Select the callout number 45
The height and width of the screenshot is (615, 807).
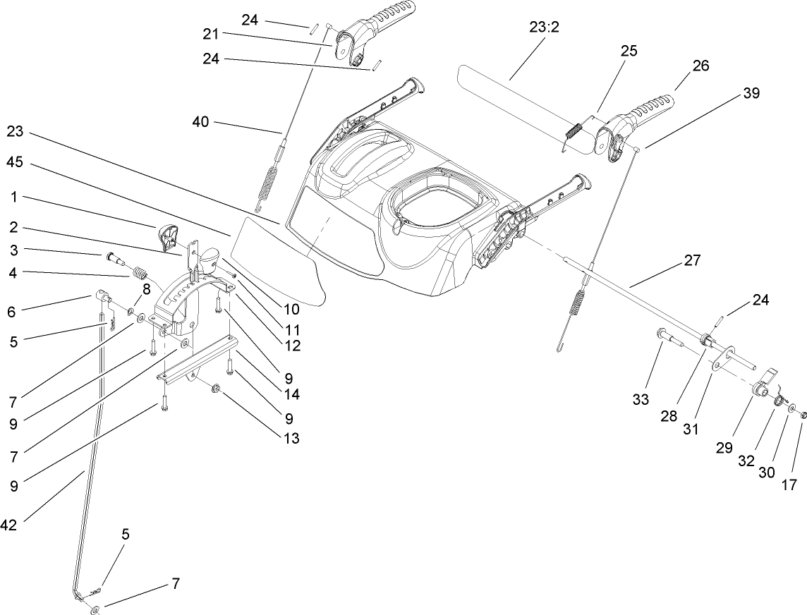click(x=16, y=162)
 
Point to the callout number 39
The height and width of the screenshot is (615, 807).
click(x=751, y=94)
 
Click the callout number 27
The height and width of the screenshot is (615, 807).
click(x=692, y=261)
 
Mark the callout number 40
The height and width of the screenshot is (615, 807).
click(x=201, y=122)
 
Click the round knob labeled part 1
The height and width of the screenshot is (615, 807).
click(x=169, y=236)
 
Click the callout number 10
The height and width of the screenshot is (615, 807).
click(x=291, y=309)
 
